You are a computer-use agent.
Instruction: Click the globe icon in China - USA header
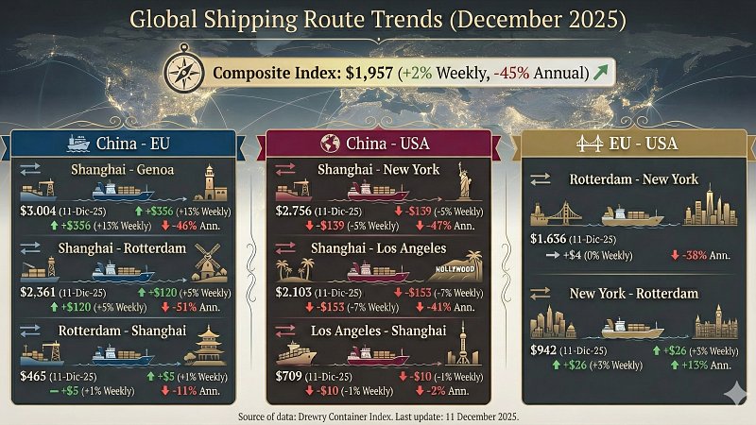tap(331, 144)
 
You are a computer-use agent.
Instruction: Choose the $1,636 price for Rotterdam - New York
tap(547, 240)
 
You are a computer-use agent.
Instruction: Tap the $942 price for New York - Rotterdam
tap(542, 350)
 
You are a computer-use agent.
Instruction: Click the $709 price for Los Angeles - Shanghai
tap(287, 377)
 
